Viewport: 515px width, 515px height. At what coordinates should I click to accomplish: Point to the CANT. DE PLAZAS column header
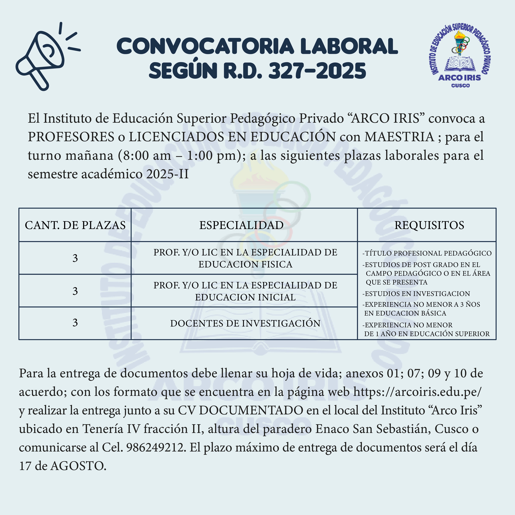(75, 225)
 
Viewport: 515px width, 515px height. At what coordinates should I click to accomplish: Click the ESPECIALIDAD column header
(241, 225)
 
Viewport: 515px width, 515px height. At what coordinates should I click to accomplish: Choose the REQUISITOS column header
(429, 225)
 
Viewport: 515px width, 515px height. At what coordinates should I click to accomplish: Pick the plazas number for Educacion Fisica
(75, 258)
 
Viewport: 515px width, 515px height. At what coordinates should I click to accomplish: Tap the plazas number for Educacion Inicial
(75, 291)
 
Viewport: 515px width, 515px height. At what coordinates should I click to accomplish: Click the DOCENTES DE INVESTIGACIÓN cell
(245, 323)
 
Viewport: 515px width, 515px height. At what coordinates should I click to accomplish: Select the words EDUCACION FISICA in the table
(245, 264)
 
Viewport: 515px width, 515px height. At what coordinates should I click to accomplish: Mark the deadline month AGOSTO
(78, 466)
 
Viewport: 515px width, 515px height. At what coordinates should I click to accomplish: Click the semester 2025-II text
(167, 174)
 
